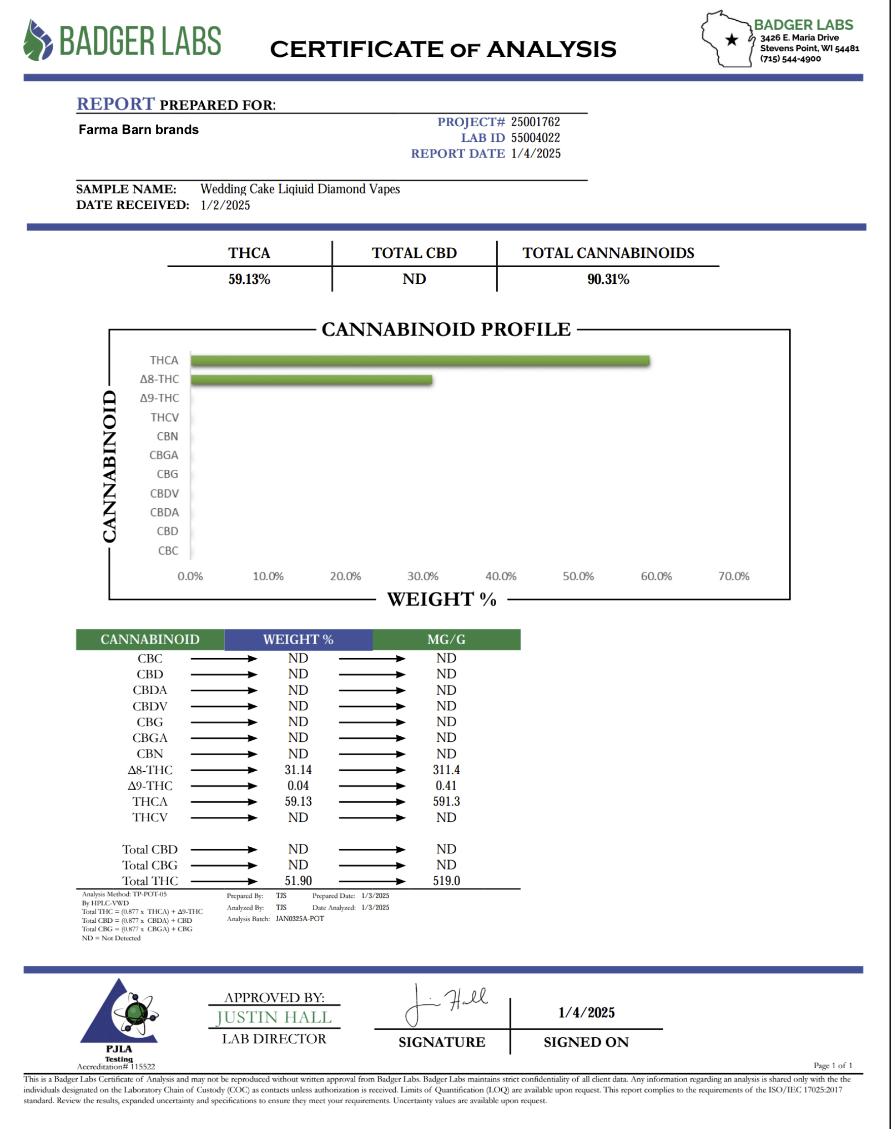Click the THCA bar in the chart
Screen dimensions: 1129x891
click(420, 361)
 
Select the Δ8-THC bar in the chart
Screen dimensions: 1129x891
click(311, 380)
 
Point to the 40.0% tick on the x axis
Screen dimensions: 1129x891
click(501, 576)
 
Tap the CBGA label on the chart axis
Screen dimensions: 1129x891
click(164, 455)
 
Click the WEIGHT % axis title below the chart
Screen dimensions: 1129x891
click(441, 599)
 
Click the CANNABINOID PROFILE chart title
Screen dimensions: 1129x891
click(446, 329)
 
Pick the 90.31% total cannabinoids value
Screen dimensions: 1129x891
click(608, 280)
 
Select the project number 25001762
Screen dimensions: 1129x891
click(535, 122)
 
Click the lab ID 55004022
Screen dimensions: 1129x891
click(535, 138)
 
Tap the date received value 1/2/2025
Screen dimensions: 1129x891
click(226, 205)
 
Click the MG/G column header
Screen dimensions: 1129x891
click(447, 640)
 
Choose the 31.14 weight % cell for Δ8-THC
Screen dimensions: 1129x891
click(299, 770)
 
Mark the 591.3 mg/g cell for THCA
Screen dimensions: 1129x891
click(447, 802)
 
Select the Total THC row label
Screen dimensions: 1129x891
click(150, 881)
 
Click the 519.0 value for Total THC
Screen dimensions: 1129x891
click(447, 881)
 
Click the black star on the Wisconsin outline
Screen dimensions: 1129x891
click(732, 40)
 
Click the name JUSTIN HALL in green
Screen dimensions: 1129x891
click(274, 1018)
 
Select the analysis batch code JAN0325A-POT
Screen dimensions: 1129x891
click(300, 919)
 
